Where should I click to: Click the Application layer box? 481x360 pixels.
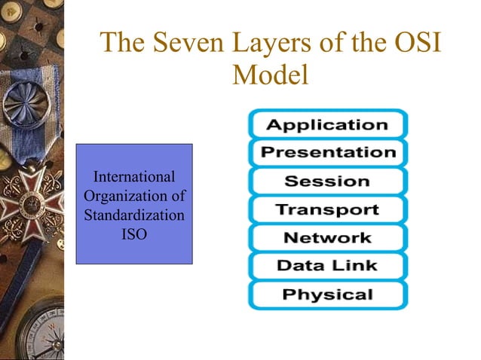point(327,124)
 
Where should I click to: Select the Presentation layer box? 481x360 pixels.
point(327,153)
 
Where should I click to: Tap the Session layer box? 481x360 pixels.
point(327,181)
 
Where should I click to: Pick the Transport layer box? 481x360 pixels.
point(327,209)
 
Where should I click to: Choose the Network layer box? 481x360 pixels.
point(327,237)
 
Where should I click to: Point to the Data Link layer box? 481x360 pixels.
point(327,265)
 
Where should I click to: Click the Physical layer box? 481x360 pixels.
point(327,294)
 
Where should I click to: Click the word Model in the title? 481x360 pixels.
point(271,75)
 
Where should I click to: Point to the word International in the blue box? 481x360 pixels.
point(134,178)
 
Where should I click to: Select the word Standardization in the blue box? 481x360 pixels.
point(134,216)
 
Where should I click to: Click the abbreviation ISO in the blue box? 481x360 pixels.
point(134,235)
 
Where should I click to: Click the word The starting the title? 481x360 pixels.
point(122,44)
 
